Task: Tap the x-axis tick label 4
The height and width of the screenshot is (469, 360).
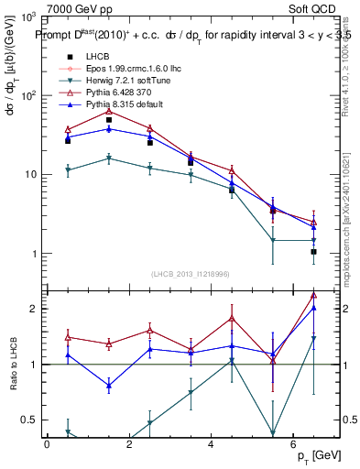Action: click(211, 444)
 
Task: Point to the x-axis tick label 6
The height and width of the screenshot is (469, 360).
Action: click(292, 444)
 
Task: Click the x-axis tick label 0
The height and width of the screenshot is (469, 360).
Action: click(47, 444)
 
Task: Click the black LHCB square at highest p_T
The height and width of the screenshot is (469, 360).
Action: click(313, 251)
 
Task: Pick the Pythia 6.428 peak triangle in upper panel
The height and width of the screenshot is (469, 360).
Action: click(109, 111)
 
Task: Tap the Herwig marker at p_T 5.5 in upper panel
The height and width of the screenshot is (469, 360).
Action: click(273, 240)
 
